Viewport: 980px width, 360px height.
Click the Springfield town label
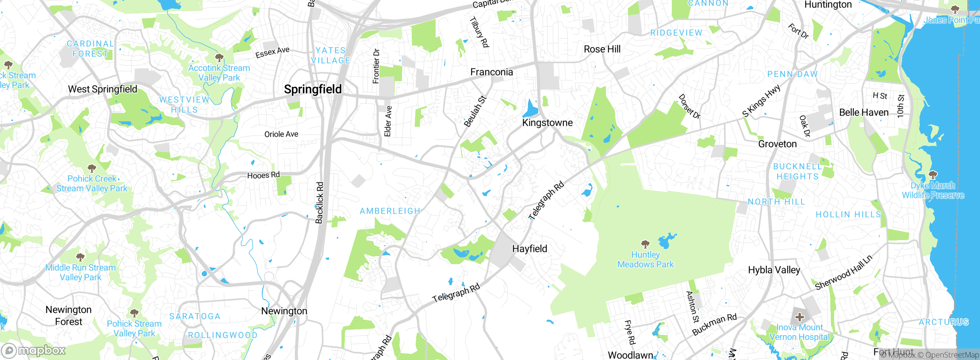pos(313,89)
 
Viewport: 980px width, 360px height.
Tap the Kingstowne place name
pos(547,123)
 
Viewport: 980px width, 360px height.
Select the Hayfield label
pos(529,249)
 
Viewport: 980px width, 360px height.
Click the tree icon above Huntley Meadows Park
pos(645,244)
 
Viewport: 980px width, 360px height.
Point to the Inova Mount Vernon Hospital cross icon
pos(799,317)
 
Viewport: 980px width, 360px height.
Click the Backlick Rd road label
pos(320,203)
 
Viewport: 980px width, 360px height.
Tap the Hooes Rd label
pos(263,175)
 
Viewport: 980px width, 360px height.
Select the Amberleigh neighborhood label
pos(390,211)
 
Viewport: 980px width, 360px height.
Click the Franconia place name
pos(492,72)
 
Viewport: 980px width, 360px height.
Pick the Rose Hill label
pos(602,49)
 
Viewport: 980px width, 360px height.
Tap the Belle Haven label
pos(864,113)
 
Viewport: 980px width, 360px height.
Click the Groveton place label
pos(777,144)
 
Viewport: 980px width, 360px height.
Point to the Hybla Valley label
pos(774,270)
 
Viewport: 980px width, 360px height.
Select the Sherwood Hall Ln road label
pos(843,273)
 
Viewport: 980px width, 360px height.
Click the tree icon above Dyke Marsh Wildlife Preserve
pos(933,175)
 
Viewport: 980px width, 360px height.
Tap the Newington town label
pos(284,311)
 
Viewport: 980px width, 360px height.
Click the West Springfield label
pos(103,90)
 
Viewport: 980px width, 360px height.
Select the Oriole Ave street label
pos(281,134)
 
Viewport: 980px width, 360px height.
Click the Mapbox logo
pos(34,350)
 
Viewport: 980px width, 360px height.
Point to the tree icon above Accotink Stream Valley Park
pos(219,58)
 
